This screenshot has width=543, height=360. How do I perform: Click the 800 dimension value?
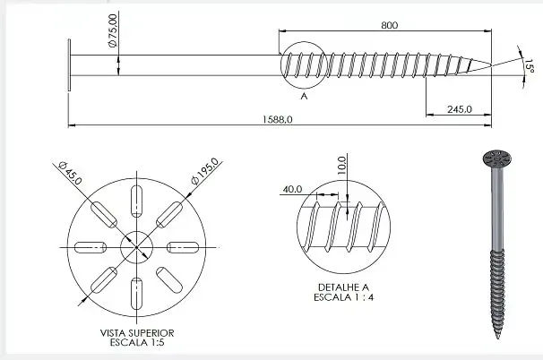pyautogui.click(x=388, y=25)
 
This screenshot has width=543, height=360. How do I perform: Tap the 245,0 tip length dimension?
pyautogui.click(x=458, y=109)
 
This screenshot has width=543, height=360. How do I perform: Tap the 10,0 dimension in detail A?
pyautogui.click(x=341, y=167)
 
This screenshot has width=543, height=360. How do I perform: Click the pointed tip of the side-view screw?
pyautogui.click(x=490, y=64)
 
